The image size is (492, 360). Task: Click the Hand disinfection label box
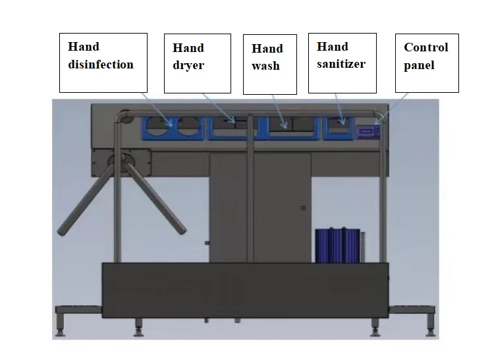coord(103,63)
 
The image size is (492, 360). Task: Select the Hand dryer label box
coord(198,63)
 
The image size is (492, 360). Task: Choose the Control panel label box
coord(426,63)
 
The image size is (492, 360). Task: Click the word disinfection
coord(101,64)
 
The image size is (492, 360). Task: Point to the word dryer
coord(188,66)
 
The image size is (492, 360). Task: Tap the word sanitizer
coord(341,64)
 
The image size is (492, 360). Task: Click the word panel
coord(419,65)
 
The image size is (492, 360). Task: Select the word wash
coord(266,66)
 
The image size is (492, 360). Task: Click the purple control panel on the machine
coord(368,131)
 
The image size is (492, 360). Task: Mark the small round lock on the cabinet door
coord(303,208)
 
